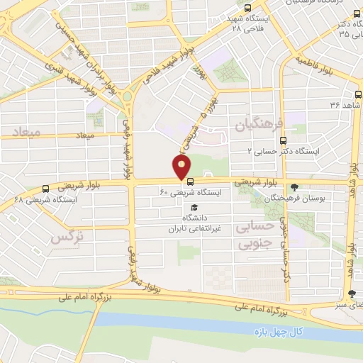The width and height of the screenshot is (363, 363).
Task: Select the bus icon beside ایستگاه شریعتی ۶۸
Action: pos(46,189)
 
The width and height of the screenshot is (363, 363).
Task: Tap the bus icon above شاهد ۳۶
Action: pos(357,94)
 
